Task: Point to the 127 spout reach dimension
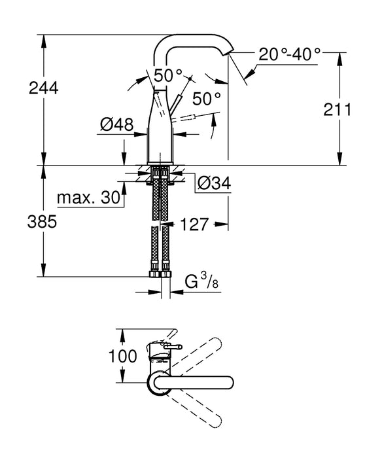click(194, 224)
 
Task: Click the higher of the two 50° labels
click(166, 74)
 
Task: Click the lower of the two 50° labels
click(207, 99)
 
